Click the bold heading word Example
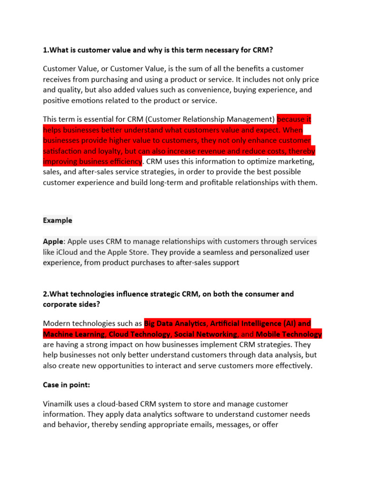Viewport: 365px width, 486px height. pyautogui.click(x=58, y=220)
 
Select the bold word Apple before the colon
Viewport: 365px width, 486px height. pyautogui.click(x=53, y=242)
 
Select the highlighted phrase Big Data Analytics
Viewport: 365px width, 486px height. pyautogui.click(x=175, y=324)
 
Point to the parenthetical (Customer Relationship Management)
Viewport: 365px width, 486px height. pyautogui.click(x=196, y=119)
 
